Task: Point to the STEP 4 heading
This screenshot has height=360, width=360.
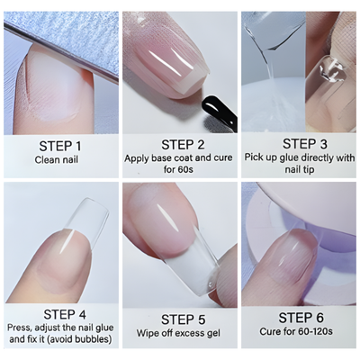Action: (59, 316)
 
